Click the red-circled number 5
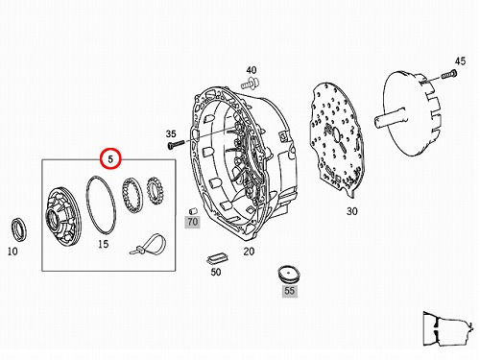point(110,158)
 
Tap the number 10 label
point(12,252)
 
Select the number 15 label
point(103,244)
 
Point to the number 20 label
point(249,252)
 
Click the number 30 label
point(352,211)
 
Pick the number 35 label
point(171,133)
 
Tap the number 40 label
point(252,70)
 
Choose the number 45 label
point(460,61)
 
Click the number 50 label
point(216,272)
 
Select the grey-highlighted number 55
point(290,291)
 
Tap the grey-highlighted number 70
point(193,222)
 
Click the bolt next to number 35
point(176,144)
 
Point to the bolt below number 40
point(251,84)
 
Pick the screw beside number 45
point(449,75)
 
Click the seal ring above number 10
point(19,228)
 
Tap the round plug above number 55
point(289,274)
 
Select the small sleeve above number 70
point(193,211)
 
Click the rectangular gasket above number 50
point(218,258)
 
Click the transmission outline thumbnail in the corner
point(448,328)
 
